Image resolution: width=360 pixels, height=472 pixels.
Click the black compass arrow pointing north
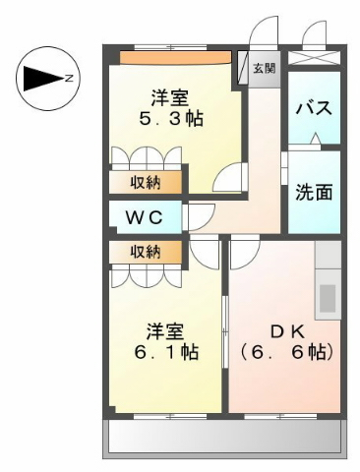click(43, 79)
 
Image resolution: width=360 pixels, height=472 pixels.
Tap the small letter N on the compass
click(69, 79)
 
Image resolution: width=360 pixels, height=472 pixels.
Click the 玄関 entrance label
click(265, 69)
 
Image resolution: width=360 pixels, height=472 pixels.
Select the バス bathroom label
click(314, 108)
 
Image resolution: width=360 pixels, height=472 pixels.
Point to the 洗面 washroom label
click(314, 192)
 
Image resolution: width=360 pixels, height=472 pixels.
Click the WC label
click(145, 217)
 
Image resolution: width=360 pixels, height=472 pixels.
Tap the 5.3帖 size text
click(171, 119)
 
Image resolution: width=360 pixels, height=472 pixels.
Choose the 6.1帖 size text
click(166, 352)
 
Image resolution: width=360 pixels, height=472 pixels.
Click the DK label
click(288, 332)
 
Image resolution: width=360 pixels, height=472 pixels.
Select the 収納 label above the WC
click(146, 182)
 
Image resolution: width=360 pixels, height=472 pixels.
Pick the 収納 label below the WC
click(146, 252)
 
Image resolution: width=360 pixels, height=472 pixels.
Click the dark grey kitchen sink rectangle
click(328, 298)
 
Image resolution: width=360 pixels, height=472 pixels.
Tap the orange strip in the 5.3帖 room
click(175, 58)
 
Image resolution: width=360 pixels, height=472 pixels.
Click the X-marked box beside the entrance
click(315, 57)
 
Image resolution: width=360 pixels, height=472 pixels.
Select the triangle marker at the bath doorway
click(315, 139)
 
